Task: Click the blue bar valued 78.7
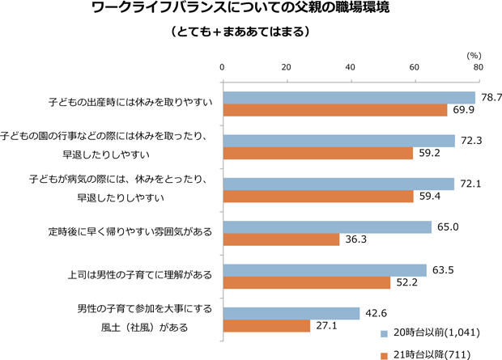click(348, 97)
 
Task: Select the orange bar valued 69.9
click(334, 109)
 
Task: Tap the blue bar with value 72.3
click(338, 141)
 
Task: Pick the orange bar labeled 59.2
click(317, 152)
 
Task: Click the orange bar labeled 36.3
click(281, 239)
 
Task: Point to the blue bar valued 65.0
click(327, 227)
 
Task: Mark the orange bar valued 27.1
click(266, 326)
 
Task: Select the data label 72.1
click(470, 184)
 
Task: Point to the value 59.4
click(430, 196)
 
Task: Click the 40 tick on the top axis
click(350, 66)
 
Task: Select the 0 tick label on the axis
click(223, 66)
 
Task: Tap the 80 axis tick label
click(479, 66)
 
